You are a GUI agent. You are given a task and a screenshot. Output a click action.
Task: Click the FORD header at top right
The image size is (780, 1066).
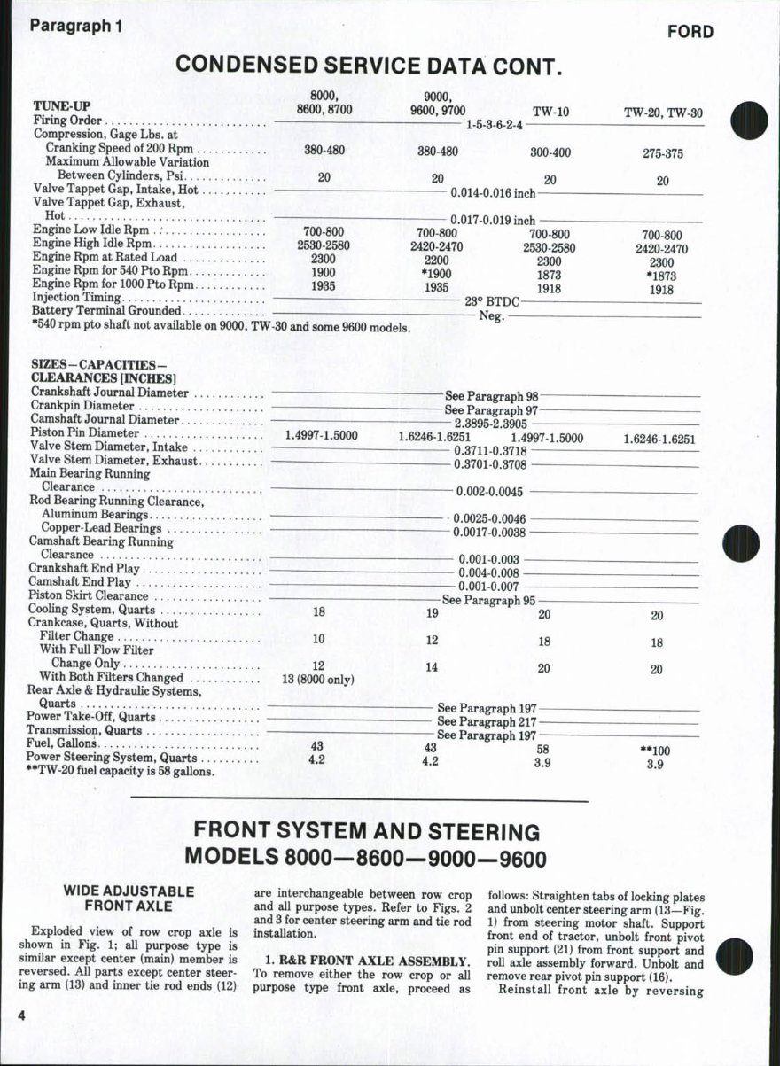690,32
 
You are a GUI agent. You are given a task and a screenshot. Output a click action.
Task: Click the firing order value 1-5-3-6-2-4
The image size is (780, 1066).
494,125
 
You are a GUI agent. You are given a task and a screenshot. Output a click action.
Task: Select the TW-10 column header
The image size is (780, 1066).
550,112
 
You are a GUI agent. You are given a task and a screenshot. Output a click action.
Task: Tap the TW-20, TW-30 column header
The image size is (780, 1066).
663,113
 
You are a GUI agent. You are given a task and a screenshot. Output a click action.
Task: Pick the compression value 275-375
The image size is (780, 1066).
663,153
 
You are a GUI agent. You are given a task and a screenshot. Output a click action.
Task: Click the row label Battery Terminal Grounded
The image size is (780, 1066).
106,311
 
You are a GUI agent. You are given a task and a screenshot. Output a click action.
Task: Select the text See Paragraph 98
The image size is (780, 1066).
492,396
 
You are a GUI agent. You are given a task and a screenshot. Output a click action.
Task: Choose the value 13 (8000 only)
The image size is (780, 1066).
317,681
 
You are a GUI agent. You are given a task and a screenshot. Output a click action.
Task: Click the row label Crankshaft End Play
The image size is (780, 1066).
84,568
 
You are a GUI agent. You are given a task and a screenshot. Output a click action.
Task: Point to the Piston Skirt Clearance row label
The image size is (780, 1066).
89,595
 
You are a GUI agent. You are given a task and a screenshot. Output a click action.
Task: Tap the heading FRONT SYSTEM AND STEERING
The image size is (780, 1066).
366,832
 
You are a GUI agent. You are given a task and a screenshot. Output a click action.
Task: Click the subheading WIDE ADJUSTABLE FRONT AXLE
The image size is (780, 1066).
128,898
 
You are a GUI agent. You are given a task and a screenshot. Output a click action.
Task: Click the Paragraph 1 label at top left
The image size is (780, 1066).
75,26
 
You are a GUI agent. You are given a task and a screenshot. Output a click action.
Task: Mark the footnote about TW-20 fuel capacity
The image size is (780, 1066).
120,771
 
